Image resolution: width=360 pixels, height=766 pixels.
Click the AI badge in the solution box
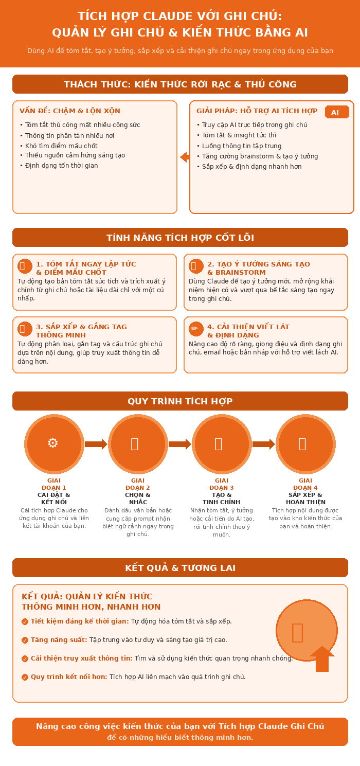(337, 112)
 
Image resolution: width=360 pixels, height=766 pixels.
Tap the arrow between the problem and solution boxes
(185, 157)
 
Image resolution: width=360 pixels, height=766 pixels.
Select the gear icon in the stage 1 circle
(52, 443)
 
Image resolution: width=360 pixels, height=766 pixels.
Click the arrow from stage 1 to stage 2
(96, 444)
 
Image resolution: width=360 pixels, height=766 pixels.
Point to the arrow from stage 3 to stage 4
(264, 444)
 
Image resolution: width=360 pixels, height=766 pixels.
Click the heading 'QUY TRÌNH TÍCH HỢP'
(180, 401)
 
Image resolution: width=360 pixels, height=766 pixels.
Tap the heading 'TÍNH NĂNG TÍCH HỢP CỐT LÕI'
(180, 238)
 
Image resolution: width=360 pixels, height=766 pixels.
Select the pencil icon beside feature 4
(196, 329)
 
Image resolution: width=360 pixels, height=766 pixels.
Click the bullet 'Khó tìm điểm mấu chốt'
(61, 146)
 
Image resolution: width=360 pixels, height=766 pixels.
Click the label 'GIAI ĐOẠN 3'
(222, 484)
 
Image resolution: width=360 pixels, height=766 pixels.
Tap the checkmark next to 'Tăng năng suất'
(25, 640)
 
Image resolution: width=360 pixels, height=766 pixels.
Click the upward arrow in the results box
(322, 658)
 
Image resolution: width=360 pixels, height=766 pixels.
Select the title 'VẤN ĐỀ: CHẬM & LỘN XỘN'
(70, 111)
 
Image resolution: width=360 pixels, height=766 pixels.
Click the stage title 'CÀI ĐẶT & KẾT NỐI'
(54, 498)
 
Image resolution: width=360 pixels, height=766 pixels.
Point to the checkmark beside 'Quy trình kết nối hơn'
(25, 677)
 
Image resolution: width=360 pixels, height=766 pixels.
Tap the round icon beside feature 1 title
(25, 266)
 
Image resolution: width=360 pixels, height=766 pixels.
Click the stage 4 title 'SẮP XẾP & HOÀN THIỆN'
(305, 498)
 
